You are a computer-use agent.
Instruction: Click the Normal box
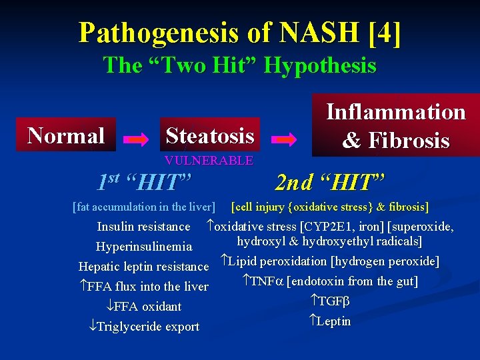tap(67, 135)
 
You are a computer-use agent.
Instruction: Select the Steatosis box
tap(209, 135)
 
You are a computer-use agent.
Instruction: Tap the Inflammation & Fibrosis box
tap(395, 125)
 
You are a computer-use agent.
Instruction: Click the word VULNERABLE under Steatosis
tap(209, 161)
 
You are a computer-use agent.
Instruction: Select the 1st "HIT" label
tap(145, 181)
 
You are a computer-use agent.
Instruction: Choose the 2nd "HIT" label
tap(331, 180)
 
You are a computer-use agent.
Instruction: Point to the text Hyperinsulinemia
tap(144, 247)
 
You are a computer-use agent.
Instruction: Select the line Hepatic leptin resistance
tap(144, 267)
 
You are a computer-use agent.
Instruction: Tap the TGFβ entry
tap(331, 301)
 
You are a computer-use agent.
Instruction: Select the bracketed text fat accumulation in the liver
tap(144, 207)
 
